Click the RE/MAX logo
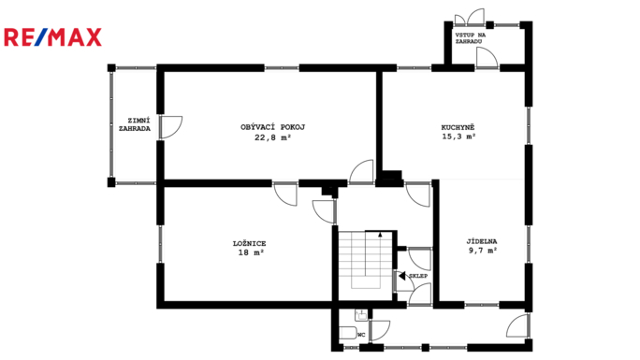click(x=52, y=37)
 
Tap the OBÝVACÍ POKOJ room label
click(x=272, y=127)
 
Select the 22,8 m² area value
click(x=272, y=137)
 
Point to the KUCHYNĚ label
click(x=458, y=127)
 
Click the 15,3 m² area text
click(x=458, y=137)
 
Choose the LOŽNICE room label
click(x=250, y=243)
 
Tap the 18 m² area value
click(x=251, y=252)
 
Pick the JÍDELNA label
click(x=482, y=241)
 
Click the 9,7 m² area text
click(x=483, y=251)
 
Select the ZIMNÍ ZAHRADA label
click(x=135, y=124)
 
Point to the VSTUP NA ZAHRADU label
click(x=471, y=38)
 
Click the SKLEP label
click(x=418, y=276)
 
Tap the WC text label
click(x=361, y=335)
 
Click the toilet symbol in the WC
click(x=348, y=333)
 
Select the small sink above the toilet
click(x=361, y=315)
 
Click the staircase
click(x=365, y=261)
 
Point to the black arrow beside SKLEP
click(x=402, y=276)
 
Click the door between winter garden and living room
click(x=171, y=127)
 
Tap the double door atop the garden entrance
click(x=470, y=17)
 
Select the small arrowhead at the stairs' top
click(x=381, y=235)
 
